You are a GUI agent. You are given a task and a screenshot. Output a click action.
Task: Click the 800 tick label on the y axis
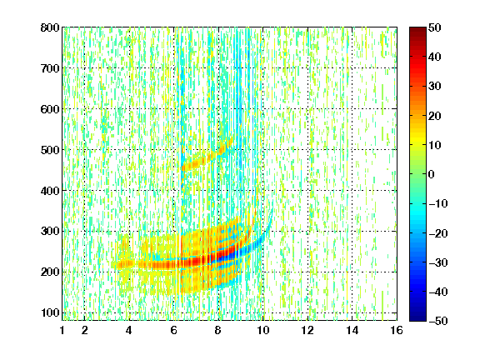tap(50, 27)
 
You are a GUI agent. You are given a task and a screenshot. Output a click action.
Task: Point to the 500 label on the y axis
tap(50, 150)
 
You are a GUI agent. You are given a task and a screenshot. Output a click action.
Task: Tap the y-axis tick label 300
tap(50, 232)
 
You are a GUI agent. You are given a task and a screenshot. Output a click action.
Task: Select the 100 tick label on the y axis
tap(50, 312)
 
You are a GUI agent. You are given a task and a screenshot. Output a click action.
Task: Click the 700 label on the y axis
tap(50, 68)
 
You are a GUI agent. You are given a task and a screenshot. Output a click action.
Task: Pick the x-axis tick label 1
tap(62, 330)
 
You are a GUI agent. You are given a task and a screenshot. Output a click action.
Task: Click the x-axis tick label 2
tap(85, 330)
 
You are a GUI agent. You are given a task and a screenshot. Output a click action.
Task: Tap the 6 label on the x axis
tap(174, 330)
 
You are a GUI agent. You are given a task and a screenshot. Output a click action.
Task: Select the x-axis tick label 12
tap(307, 330)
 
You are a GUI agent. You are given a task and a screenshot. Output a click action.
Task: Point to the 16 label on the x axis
tap(397, 330)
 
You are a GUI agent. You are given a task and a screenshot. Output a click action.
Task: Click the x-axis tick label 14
tap(352, 330)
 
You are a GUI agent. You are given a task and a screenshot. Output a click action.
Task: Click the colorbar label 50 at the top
tap(435, 27)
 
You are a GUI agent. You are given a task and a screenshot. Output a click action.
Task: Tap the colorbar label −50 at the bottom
tap(438, 321)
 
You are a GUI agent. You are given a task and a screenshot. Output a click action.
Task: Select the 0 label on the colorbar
tap(432, 174)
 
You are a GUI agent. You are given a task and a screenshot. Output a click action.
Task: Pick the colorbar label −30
tap(438, 262)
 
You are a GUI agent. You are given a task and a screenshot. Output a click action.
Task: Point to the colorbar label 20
tap(435, 116)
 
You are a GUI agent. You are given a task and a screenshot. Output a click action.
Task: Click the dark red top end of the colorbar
tap(417, 30)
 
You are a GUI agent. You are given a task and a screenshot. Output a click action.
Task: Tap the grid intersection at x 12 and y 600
tap(307, 108)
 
